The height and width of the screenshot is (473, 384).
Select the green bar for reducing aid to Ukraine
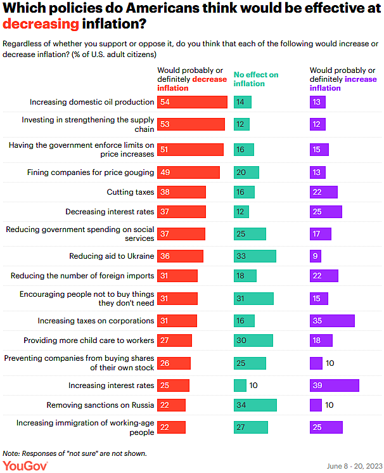[x=255, y=256]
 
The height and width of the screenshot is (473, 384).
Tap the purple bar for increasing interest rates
[x=334, y=385]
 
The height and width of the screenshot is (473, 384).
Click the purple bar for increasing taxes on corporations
[x=331, y=321]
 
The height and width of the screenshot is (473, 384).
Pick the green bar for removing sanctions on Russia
[x=255, y=405]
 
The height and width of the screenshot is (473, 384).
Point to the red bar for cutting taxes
[x=182, y=191]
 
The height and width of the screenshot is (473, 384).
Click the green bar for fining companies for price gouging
[x=246, y=172]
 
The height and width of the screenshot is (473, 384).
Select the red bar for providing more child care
[x=174, y=340]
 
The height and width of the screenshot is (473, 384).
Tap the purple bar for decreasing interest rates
[x=326, y=211]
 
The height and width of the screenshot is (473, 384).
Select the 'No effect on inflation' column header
[x=256, y=79]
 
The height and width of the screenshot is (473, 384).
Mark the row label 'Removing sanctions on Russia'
[x=100, y=405]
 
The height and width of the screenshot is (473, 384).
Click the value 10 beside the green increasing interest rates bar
[x=253, y=385]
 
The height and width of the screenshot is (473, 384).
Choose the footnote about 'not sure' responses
[x=74, y=453]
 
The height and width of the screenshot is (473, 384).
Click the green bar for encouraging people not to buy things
[x=253, y=299]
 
